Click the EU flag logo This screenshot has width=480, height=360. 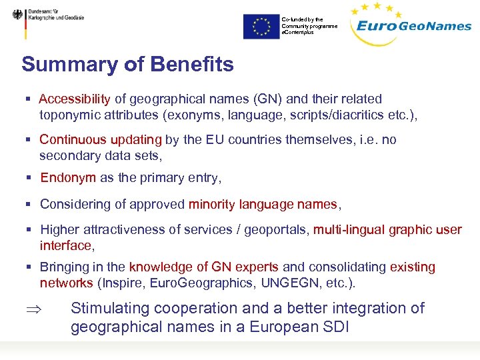click(261, 27)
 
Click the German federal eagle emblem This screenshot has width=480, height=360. click(17, 15)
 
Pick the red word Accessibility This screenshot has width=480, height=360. click(75, 99)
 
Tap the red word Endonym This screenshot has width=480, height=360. click(68, 178)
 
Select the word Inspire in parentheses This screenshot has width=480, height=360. click(121, 283)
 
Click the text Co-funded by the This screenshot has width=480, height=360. click(302, 19)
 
